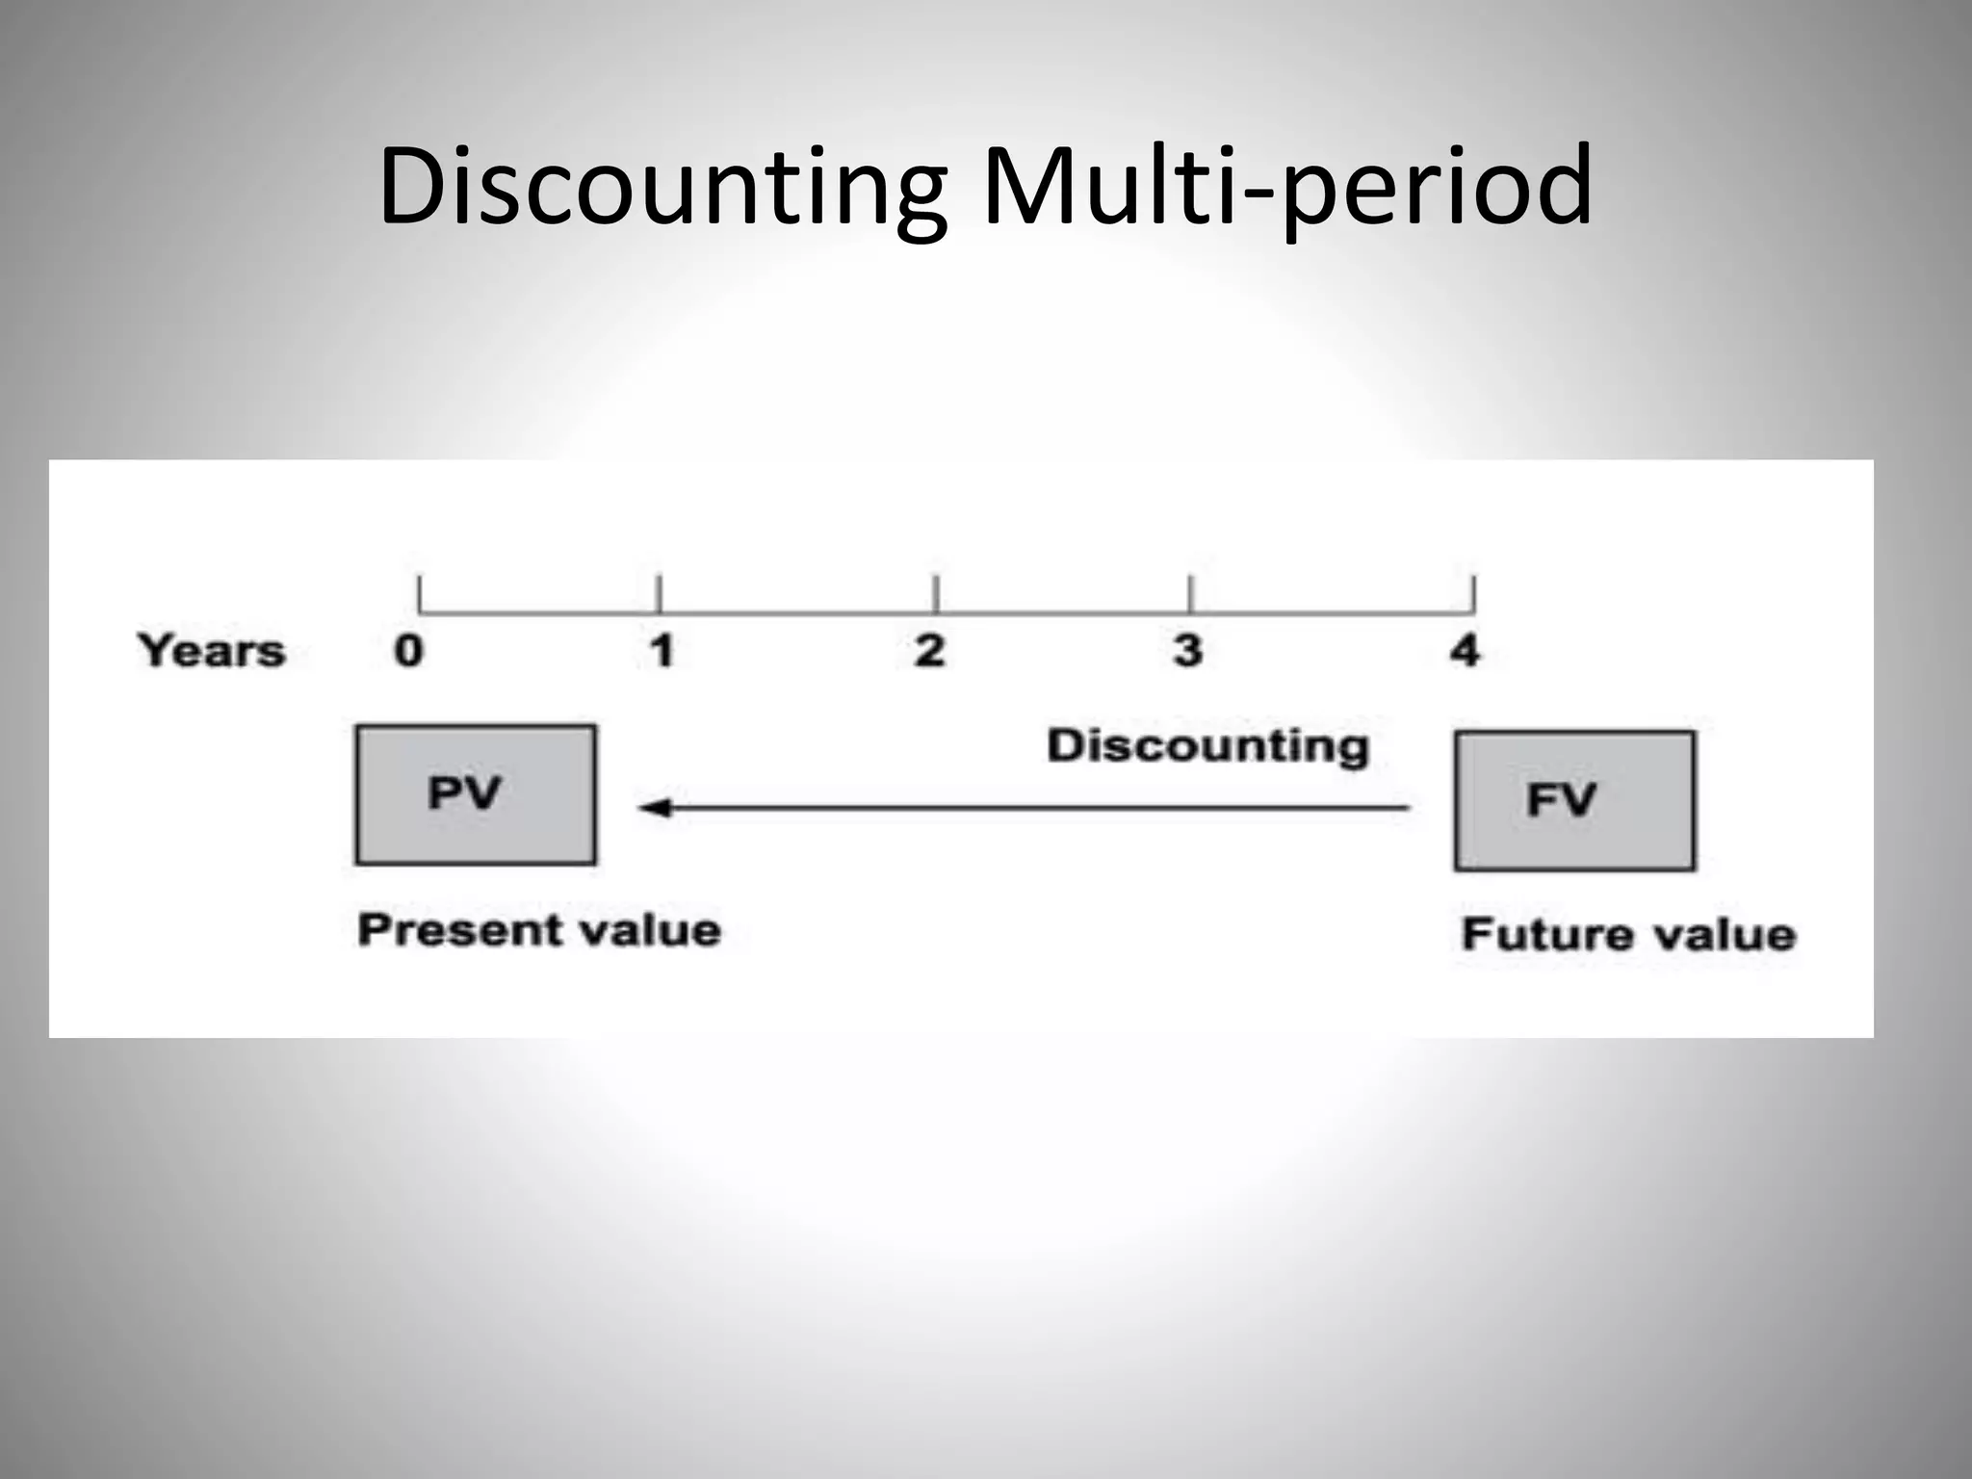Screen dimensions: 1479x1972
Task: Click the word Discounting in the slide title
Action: (x=662, y=187)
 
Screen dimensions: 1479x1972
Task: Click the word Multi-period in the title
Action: (x=1286, y=187)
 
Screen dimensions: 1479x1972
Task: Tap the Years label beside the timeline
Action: (x=212, y=651)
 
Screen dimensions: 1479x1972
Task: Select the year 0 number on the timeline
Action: (x=408, y=652)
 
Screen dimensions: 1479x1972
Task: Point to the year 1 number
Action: (x=662, y=652)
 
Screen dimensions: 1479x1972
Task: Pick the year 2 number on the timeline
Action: (x=929, y=652)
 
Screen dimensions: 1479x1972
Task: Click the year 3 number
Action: (x=1188, y=652)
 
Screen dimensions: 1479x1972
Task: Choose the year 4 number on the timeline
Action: (x=1465, y=652)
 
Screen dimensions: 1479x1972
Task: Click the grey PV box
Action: (x=476, y=794)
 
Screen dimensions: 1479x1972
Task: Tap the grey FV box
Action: (x=1574, y=800)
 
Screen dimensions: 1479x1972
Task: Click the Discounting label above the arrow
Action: (x=1207, y=746)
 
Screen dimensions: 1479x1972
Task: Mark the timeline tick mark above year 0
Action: (x=420, y=594)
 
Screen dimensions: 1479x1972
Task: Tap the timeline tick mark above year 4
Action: (x=1472, y=594)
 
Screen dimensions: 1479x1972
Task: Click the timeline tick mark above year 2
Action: (x=936, y=594)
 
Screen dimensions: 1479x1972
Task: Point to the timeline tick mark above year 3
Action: (x=1191, y=594)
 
